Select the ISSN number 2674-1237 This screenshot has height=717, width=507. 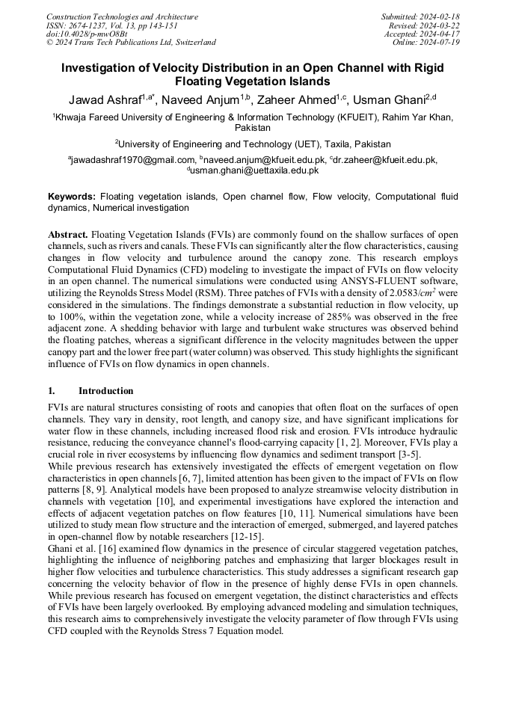point(90,25)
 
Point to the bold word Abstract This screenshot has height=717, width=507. point(69,235)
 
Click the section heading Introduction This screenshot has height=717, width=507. point(106,391)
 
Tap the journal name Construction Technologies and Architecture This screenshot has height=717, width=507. point(122,16)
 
